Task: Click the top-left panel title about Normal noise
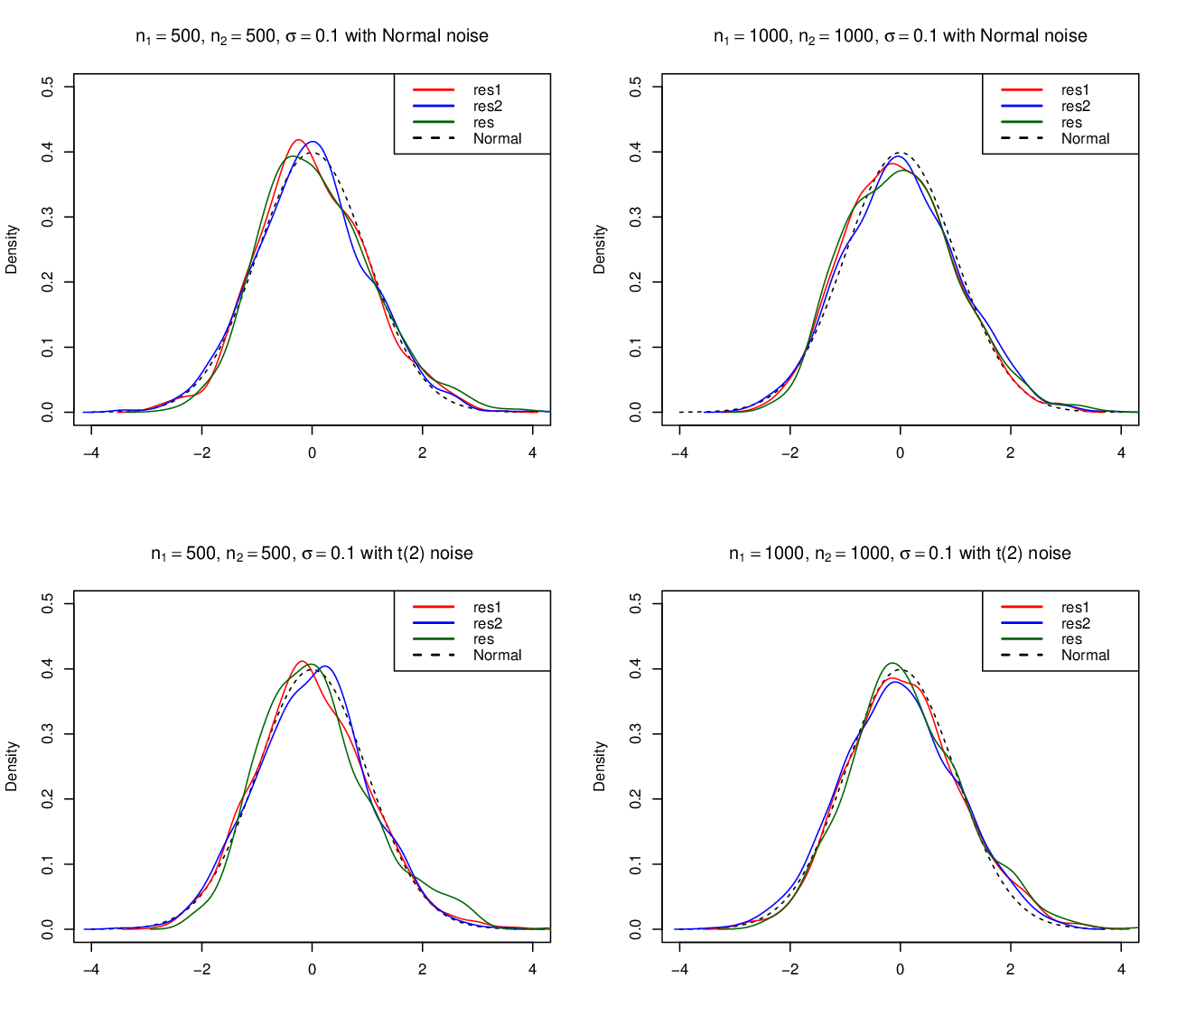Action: pos(312,36)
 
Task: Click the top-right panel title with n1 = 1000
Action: pos(900,36)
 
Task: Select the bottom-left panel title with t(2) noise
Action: pos(312,553)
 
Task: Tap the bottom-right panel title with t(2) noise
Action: pos(900,553)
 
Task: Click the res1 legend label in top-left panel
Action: pos(487,90)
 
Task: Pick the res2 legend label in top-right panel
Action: pos(1075,107)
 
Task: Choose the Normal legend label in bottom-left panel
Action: pos(498,656)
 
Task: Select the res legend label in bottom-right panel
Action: pos(1071,639)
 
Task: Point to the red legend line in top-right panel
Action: pos(1022,90)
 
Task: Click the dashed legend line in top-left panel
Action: pos(434,138)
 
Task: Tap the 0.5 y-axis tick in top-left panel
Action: pos(48,87)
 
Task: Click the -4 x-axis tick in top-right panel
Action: pos(679,452)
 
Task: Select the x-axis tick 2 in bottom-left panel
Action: pos(423,970)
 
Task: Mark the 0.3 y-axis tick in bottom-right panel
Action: pos(636,734)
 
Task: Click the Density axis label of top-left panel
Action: pos(12,249)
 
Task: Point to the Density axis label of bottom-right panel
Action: pos(600,766)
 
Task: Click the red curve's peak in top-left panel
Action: pos(298,140)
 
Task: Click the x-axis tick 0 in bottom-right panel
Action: pos(900,970)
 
